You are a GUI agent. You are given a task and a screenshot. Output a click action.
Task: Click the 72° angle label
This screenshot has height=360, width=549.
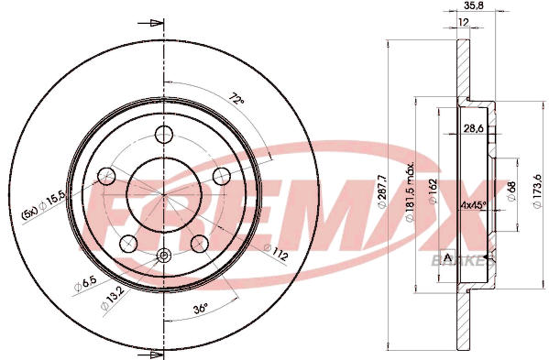(x=236, y=98)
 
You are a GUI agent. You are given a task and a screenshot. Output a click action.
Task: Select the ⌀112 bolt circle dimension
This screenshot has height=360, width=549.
(x=276, y=252)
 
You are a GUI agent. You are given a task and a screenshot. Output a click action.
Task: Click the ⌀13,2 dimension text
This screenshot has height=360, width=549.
(x=113, y=298)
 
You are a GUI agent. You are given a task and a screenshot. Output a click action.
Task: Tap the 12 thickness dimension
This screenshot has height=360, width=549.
(x=463, y=22)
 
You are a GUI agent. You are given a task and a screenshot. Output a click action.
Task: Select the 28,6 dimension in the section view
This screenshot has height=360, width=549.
(x=474, y=128)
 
